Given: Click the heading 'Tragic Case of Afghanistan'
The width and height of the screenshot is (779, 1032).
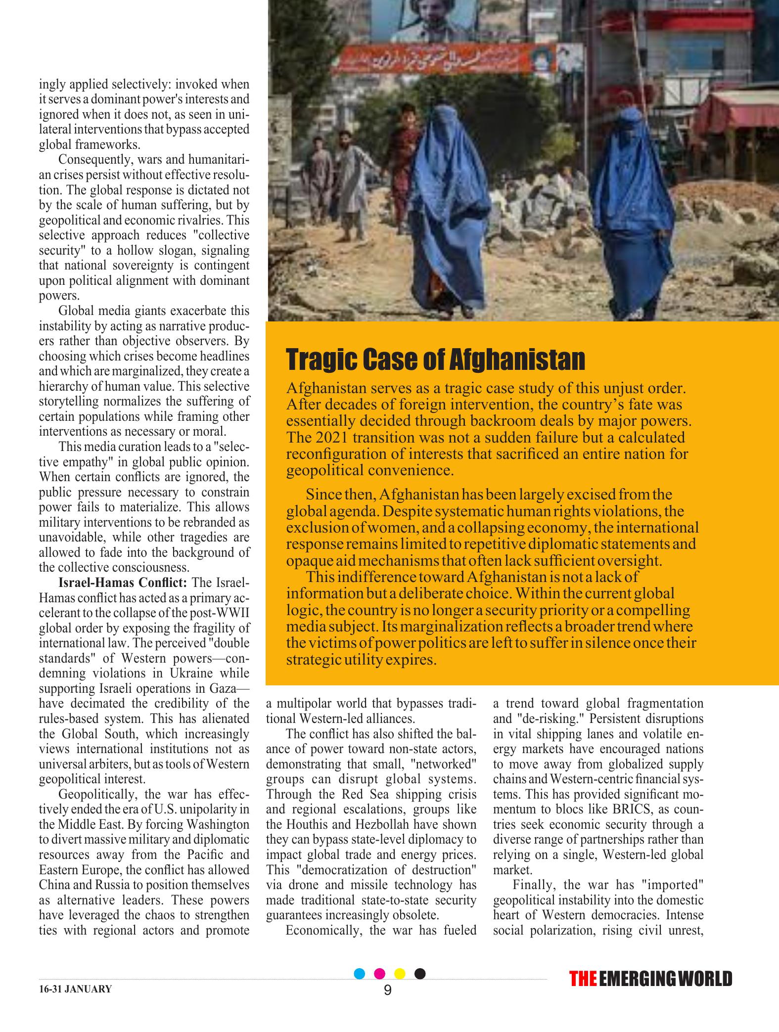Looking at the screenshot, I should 435,359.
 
